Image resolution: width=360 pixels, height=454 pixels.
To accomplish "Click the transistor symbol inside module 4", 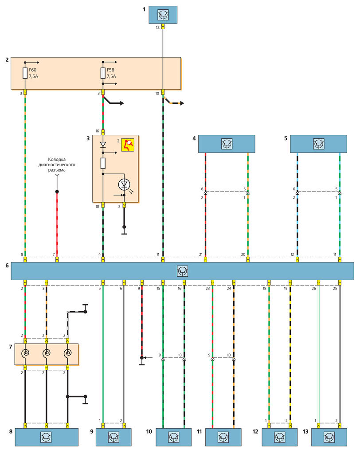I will coord(227,144).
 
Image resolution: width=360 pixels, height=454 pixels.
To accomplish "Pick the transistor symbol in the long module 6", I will coord(182,270).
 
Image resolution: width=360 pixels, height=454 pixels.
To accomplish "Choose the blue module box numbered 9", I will coord(113,437).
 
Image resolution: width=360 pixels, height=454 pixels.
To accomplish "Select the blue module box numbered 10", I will coord(173,437).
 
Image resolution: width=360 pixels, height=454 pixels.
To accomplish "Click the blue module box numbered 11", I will coord(223,437).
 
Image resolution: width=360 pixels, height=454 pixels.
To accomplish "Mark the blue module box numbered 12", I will coord(279,437).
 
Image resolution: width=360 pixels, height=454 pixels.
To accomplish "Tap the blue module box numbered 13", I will coord(329,437).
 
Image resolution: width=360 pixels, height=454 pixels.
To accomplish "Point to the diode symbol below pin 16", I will coord(103,145).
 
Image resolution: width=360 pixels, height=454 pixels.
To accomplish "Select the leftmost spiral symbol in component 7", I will coord(25,354).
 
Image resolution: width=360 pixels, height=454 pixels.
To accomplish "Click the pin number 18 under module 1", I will coord(157,27).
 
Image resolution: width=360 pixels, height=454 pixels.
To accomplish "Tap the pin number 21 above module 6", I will coord(201,254).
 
